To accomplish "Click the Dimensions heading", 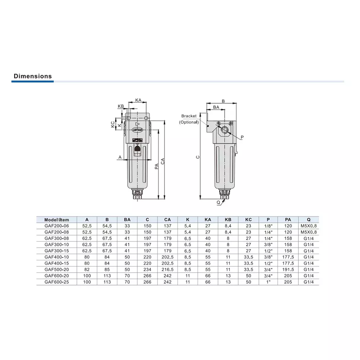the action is pyautogui.click(x=33, y=76).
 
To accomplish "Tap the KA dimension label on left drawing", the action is pyautogui.click(x=138, y=100).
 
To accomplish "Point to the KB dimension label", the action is pyautogui.click(x=121, y=106).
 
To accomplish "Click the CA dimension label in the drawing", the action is pyautogui.click(x=163, y=161).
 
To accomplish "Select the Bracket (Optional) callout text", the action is pyautogui.click(x=189, y=119).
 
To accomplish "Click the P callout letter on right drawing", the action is pyautogui.click(x=242, y=137).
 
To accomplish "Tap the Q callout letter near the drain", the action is pyautogui.click(x=219, y=202).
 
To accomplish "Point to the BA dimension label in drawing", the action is pyautogui.click(x=216, y=107).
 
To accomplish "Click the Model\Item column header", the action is pyautogui.click(x=57, y=220).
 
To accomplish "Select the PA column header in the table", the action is pyautogui.click(x=288, y=220).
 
